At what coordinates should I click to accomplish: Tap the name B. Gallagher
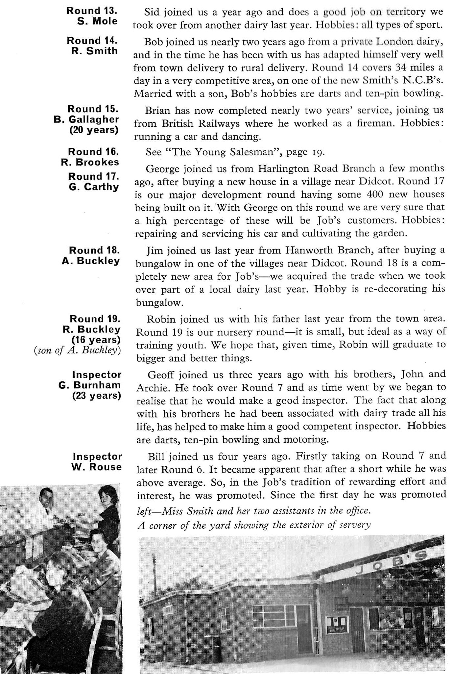coord(86,119)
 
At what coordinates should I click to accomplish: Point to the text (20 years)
coord(94,129)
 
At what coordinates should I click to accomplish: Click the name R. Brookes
coord(90,162)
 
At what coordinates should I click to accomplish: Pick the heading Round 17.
coord(94,176)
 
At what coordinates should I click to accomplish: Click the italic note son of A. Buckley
coord(78,350)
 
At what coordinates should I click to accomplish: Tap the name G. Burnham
coord(90,385)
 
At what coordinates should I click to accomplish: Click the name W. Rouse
coord(97,467)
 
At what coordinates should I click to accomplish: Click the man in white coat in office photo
coord(46,505)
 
